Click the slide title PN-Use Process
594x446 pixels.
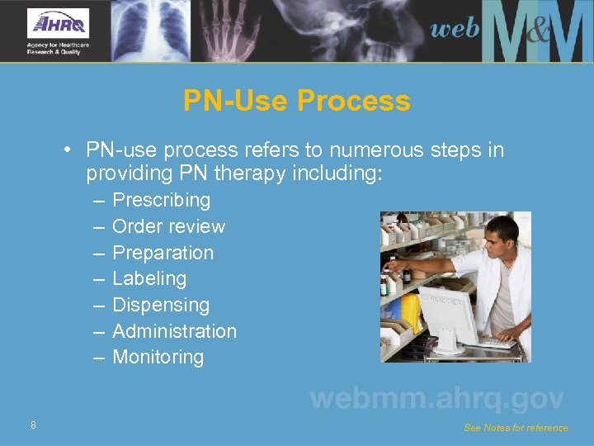[296, 101]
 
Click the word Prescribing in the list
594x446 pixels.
[161, 200]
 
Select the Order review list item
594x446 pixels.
[168, 226]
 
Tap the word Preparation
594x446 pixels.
[163, 253]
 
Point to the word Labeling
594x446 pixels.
[149, 278]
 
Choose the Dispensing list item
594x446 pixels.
[161, 305]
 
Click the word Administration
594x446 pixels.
[174, 331]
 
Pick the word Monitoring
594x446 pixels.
[158, 358]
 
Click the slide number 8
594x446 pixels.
[33, 425]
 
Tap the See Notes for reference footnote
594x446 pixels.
[516, 428]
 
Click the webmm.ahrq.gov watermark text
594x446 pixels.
[436, 399]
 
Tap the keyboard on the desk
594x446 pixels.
[495, 342]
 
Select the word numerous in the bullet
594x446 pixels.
[362, 150]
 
